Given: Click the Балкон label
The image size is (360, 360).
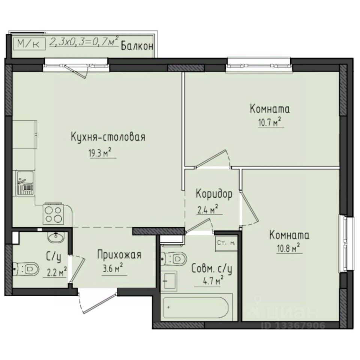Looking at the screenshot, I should pyautogui.click(x=137, y=46).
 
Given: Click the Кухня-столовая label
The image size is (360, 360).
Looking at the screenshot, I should pyautogui.click(x=108, y=137).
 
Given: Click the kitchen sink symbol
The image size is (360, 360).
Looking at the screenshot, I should pyautogui.click(x=25, y=183).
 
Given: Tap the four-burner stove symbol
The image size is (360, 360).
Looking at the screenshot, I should pyautogui.click(x=54, y=214).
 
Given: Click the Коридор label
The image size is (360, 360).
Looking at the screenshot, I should pyautogui.click(x=214, y=194).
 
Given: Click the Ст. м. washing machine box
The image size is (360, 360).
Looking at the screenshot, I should pyautogui.click(x=226, y=243).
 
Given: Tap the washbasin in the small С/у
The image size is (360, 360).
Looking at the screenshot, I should pyautogui.click(x=57, y=236).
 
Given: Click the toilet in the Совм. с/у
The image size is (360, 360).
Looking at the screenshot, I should pyautogui.click(x=174, y=259).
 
